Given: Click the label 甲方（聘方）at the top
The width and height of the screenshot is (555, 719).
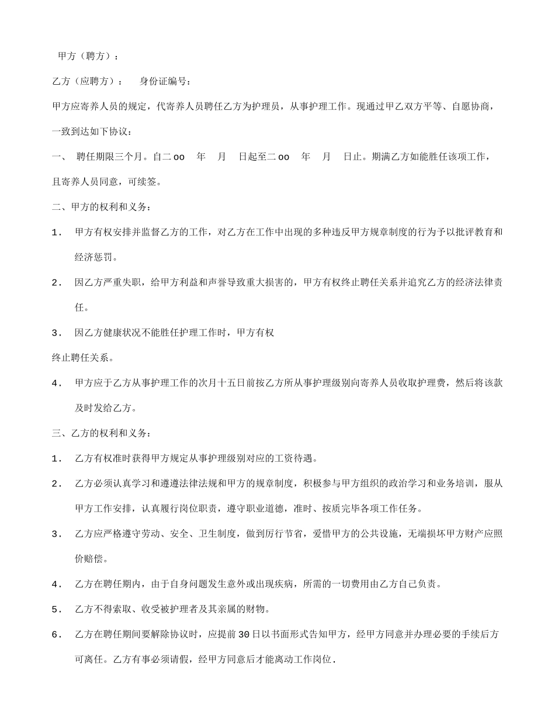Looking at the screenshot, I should tap(88, 56).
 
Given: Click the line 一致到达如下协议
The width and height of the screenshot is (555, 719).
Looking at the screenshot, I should tap(93, 132).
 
